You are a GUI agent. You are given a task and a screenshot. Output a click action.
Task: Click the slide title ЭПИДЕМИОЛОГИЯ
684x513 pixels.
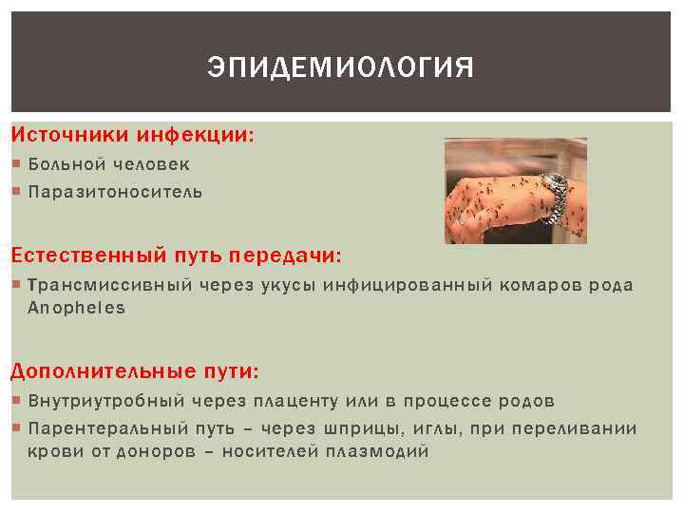[340, 69]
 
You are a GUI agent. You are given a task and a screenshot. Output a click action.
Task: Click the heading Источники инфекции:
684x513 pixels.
[133, 136]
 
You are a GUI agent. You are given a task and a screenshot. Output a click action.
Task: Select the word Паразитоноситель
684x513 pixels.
[115, 192]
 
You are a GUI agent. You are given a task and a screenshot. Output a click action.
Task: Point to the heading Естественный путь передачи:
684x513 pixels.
[177, 256]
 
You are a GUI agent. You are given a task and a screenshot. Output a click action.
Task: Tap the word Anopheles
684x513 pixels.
[76, 308]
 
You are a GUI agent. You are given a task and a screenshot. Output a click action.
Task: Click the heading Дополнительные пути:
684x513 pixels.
[135, 370]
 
